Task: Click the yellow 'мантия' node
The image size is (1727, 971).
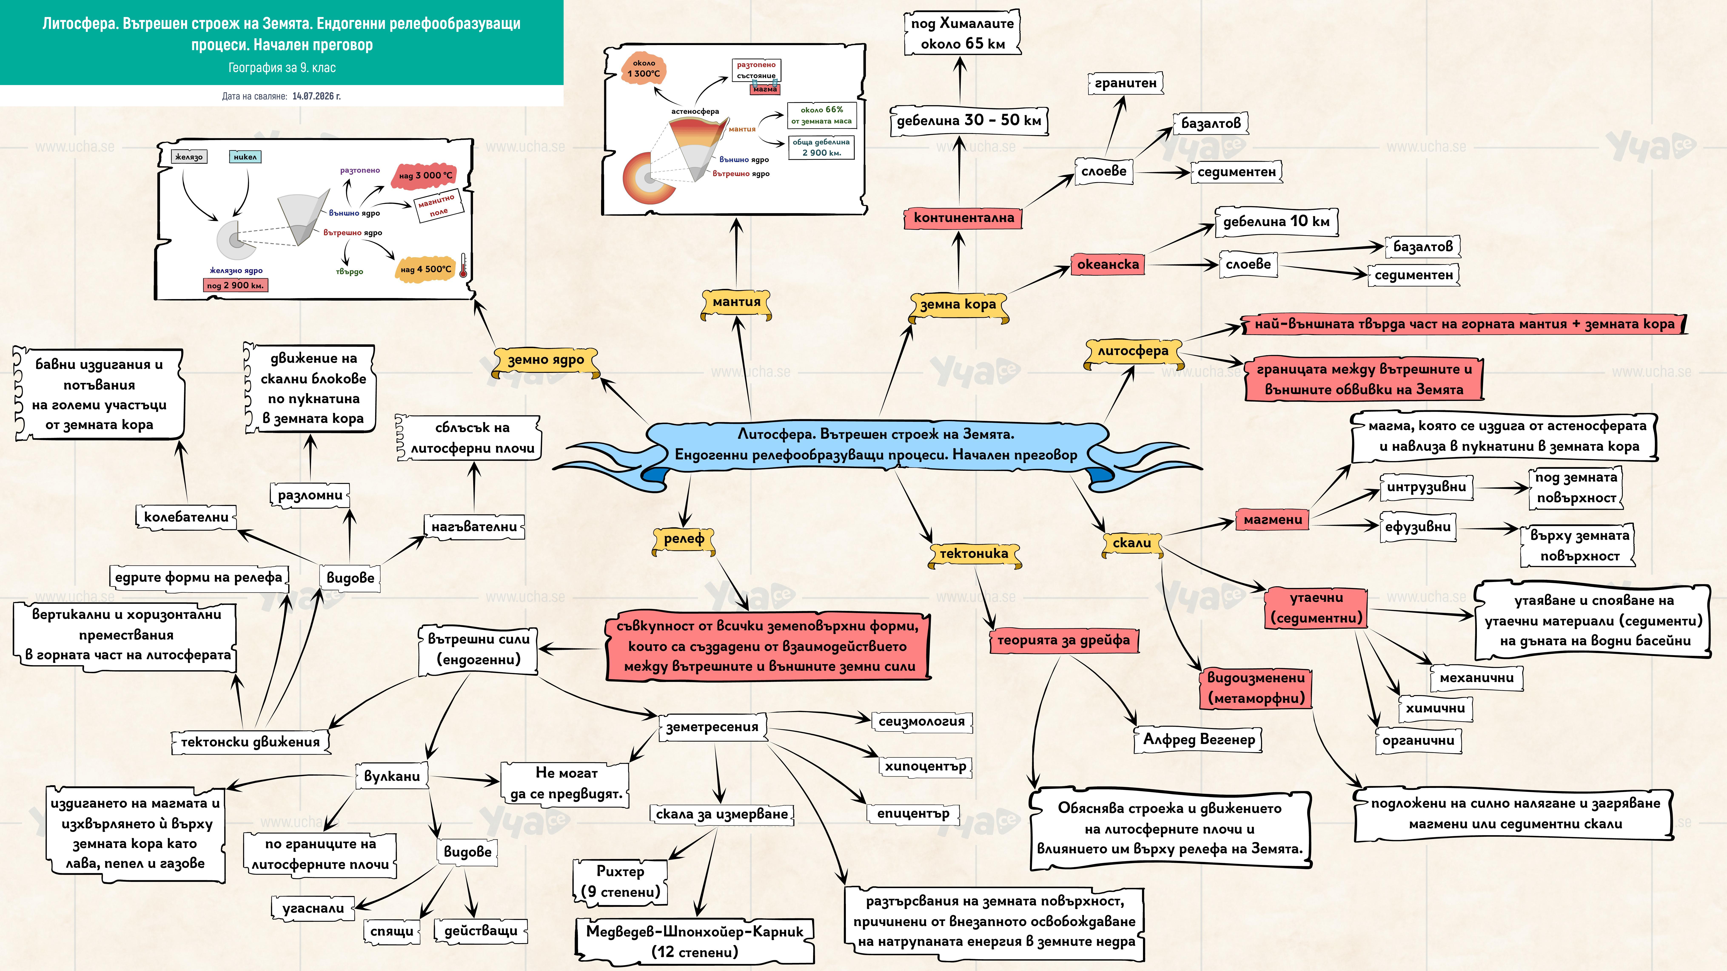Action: coord(736,303)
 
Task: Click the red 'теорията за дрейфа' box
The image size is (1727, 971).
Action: coord(1063,641)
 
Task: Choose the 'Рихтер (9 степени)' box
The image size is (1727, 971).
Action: coord(620,882)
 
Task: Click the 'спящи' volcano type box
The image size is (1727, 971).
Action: coord(392,931)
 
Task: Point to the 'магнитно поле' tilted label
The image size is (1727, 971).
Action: coord(436,206)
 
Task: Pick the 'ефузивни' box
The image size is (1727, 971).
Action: coord(1418,527)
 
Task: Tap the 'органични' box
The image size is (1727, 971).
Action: coord(1418,741)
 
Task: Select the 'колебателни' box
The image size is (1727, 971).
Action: coord(186,517)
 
